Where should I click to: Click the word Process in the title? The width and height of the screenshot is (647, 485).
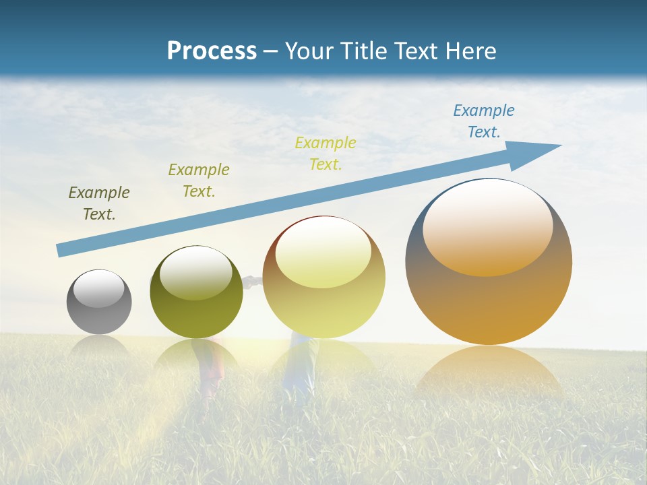(x=212, y=51)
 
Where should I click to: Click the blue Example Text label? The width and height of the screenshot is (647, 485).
(x=484, y=121)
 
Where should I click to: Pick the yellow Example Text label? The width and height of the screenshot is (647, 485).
(x=326, y=153)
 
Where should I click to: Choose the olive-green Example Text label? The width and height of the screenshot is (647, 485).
(x=199, y=180)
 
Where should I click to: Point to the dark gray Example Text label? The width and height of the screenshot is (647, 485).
(x=99, y=203)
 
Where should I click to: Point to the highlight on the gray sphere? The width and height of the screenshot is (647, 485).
(x=99, y=288)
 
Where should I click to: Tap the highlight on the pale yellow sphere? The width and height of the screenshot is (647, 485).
(x=323, y=252)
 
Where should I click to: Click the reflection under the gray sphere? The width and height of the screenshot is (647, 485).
(x=99, y=346)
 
